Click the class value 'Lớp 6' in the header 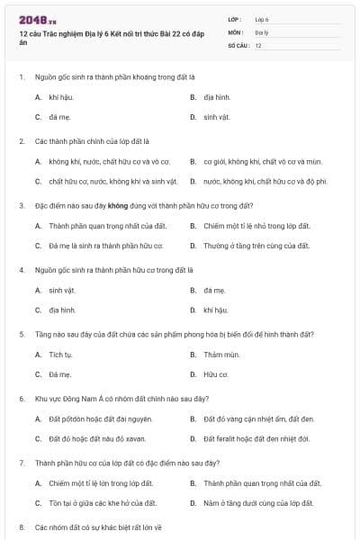click(x=262, y=19)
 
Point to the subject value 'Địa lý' click(x=261, y=31)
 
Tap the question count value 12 click(x=258, y=44)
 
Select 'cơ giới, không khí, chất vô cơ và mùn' click(x=263, y=161)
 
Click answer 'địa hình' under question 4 click(x=62, y=310)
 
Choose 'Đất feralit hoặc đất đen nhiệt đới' click(x=256, y=439)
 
